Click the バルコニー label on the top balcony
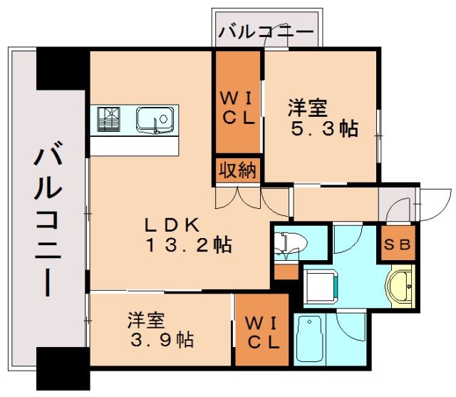point(266,32)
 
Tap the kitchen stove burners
point(109,118)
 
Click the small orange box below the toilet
point(285,272)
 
